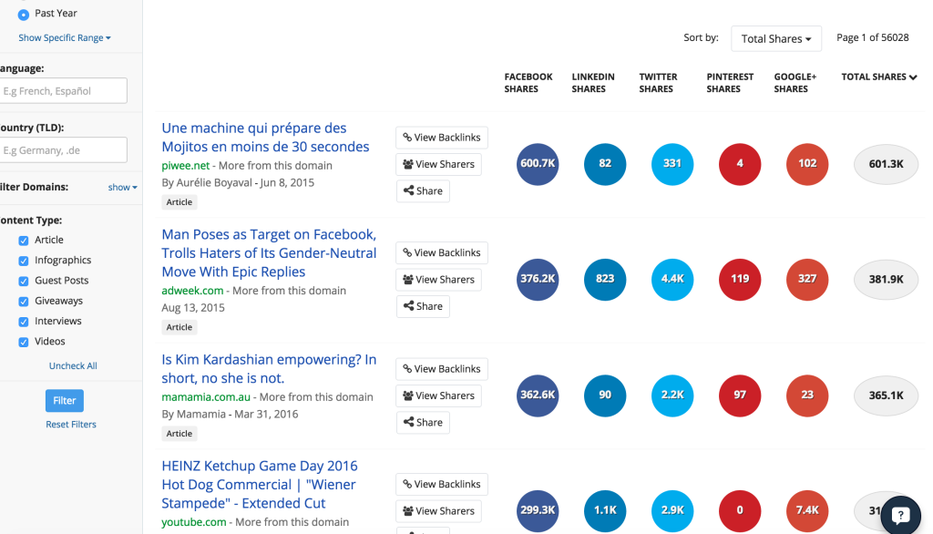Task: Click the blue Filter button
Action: tap(64, 400)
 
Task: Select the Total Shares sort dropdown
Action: tap(776, 39)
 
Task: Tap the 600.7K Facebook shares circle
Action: tap(538, 164)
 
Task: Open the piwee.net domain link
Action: tap(186, 166)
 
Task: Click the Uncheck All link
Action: tap(73, 366)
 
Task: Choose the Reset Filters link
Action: tap(71, 425)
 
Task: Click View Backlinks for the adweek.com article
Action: tap(442, 253)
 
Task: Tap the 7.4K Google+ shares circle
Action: tap(807, 510)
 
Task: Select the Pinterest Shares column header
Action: tap(730, 83)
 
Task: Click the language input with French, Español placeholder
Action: tap(63, 91)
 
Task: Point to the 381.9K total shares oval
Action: tap(885, 280)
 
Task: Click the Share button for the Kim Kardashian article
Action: tap(423, 423)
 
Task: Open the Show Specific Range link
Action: tap(65, 38)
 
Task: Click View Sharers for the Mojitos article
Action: tap(438, 165)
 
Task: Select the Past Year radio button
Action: tap(24, 15)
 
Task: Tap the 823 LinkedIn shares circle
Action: tap(605, 280)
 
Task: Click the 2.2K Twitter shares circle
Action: tap(672, 395)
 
